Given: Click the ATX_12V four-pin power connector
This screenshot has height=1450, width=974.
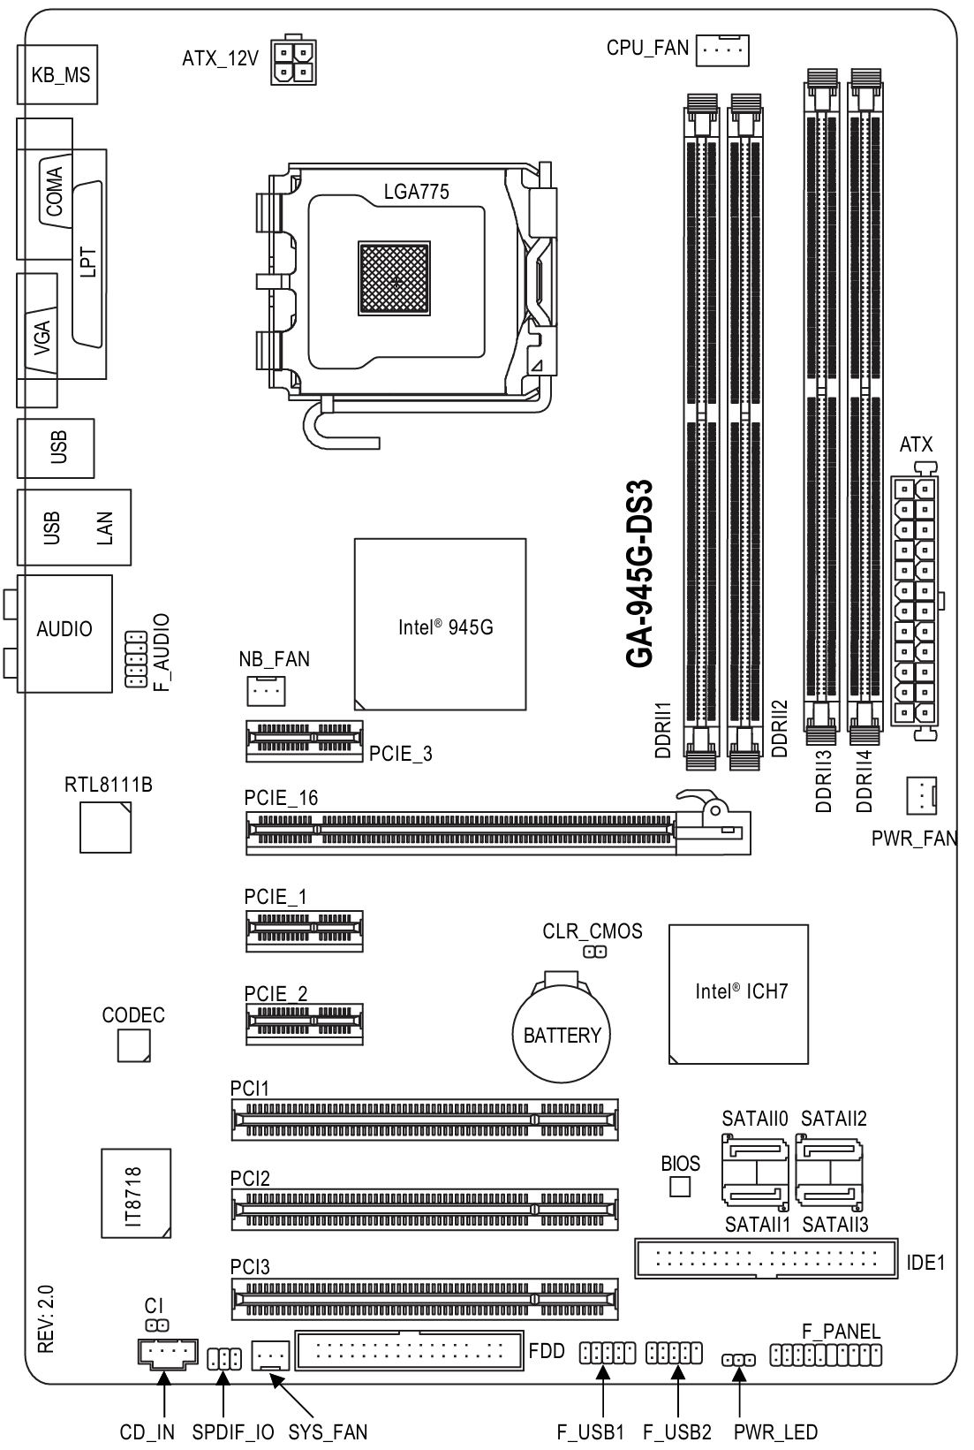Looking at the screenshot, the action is pyautogui.click(x=294, y=61).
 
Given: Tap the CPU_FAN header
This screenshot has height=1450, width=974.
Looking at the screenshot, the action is pyautogui.click(x=722, y=49).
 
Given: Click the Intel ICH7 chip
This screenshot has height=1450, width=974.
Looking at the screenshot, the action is pyautogui.click(x=738, y=994).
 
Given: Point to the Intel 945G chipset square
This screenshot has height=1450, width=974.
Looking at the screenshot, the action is pyautogui.click(x=440, y=624).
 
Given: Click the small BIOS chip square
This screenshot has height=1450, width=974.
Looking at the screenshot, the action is pyautogui.click(x=680, y=1187).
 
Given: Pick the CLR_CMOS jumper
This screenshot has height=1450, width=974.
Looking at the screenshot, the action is pyautogui.click(x=595, y=953).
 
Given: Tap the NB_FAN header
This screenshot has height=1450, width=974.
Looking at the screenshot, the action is pyautogui.click(x=266, y=690).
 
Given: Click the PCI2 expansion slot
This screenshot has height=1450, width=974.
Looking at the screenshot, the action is pyautogui.click(x=424, y=1209).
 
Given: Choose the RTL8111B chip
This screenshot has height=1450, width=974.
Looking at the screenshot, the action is pyautogui.click(x=105, y=827).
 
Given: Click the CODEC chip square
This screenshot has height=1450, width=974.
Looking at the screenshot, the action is pyautogui.click(x=134, y=1045).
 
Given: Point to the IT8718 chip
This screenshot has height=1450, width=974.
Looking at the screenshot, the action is pyautogui.click(x=136, y=1194).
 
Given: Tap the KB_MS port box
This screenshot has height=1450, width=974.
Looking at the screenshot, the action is pyautogui.click(x=57, y=74).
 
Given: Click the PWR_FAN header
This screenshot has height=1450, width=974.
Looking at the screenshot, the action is pyautogui.click(x=921, y=795).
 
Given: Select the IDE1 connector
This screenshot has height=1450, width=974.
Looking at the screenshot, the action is pyautogui.click(x=766, y=1258).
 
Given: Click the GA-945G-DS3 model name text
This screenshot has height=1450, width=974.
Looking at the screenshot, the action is pyautogui.click(x=639, y=573).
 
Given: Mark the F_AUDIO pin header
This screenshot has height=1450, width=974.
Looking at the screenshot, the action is pyautogui.click(x=136, y=659).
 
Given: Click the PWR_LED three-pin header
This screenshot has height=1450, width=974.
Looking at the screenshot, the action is pyautogui.click(x=738, y=1359).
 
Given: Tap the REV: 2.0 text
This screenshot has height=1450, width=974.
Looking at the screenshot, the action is pyautogui.click(x=46, y=1318).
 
